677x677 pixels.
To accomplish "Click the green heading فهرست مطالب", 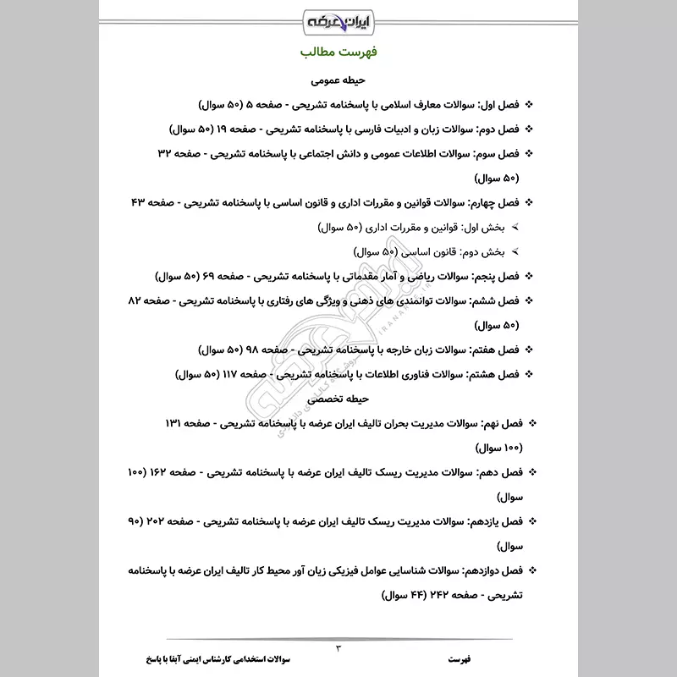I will [x=338, y=53].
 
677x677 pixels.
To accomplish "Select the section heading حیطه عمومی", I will [x=338, y=82].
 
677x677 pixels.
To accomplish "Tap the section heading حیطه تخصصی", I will [x=338, y=397].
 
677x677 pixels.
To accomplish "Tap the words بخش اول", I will [x=486, y=228].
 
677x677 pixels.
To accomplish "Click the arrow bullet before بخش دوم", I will [x=515, y=253].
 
